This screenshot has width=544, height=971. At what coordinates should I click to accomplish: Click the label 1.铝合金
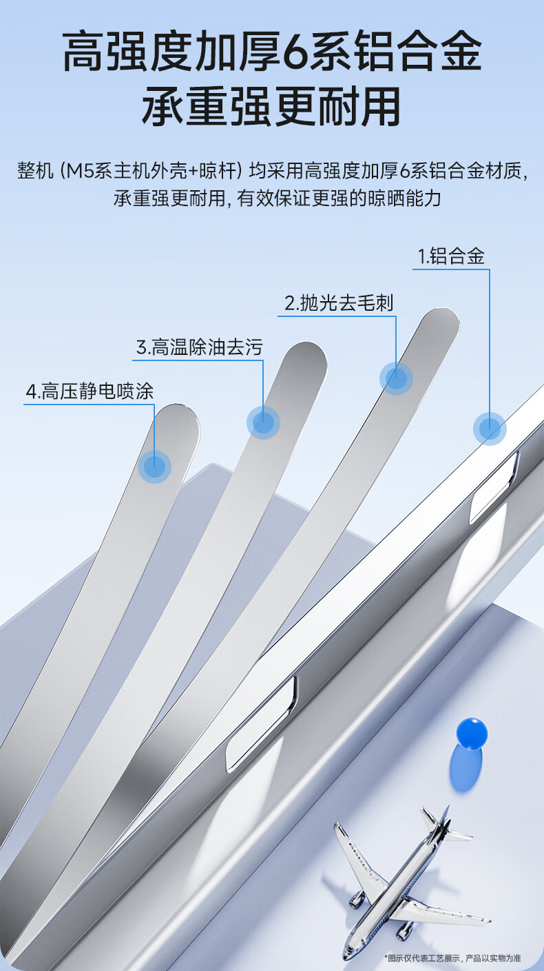pyautogui.click(x=451, y=256)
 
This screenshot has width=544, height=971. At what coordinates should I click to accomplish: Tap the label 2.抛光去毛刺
pyautogui.click(x=339, y=303)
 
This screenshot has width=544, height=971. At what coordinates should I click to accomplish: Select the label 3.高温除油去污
pyautogui.click(x=199, y=347)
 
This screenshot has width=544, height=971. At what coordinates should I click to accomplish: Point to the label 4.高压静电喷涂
pyautogui.click(x=90, y=391)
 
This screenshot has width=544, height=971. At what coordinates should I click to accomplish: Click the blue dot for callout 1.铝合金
pyautogui.click(x=490, y=429)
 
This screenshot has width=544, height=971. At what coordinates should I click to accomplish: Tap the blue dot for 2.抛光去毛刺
pyautogui.click(x=396, y=378)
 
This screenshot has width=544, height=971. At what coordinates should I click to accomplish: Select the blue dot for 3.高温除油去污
pyautogui.click(x=263, y=422)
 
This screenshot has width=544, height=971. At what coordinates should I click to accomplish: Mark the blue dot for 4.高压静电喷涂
pyautogui.click(x=154, y=467)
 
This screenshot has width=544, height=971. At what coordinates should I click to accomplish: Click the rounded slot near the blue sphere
pyautogui.click(x=262, y=723)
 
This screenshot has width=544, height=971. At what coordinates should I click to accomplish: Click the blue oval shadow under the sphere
pyautogui.click(x=466, y=768)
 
